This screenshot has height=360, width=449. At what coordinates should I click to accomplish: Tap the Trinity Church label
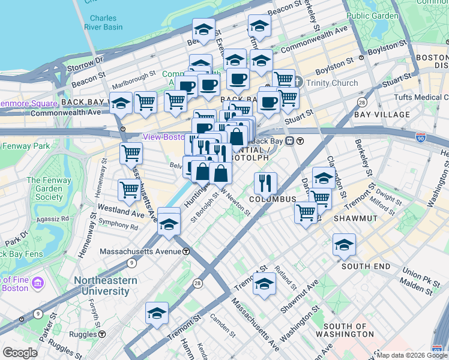click(x=332, y=83)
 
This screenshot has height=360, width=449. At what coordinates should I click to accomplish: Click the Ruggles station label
click(x=84, y=334)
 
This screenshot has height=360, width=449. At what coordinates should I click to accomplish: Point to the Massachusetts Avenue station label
click(x=143, y=251)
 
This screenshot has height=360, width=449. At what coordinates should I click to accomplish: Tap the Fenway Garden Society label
click(x=49, y=188)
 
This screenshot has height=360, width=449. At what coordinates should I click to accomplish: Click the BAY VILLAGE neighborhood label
click(x=382, y=114)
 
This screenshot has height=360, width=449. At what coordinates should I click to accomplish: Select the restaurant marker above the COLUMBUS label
click(x=265, y=182)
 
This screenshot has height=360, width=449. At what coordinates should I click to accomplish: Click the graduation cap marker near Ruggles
click(x=157, y=313)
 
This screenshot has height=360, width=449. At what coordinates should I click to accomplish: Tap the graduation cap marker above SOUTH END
click(x=345, y=244)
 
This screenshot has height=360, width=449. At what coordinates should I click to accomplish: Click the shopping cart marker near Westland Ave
click(x=130, y=190)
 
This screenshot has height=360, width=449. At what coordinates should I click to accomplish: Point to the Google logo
click(x=20, y=353)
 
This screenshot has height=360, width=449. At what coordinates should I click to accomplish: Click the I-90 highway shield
click(x=421, y=138)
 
